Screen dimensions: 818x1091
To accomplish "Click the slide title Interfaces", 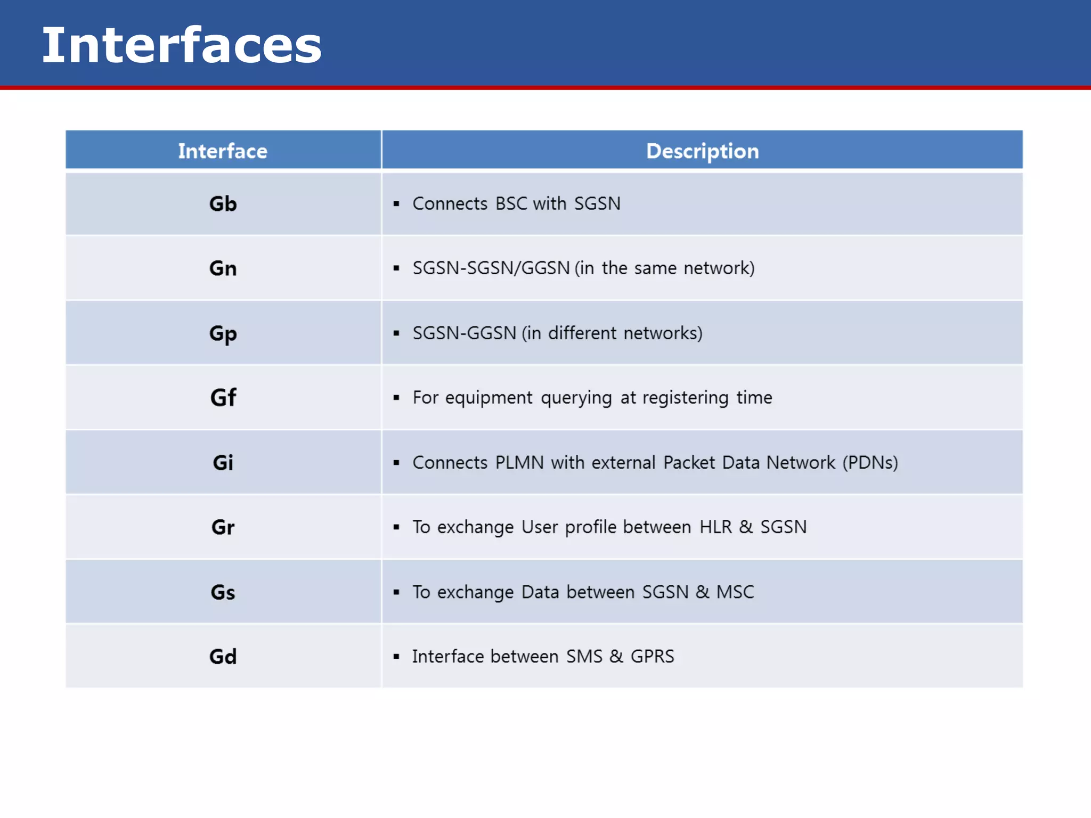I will click(x=182, y=46).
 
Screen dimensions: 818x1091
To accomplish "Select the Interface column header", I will click(x=223, y=151).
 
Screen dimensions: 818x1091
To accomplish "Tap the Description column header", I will click(x=702, y=151).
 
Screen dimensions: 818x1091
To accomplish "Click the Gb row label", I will click(x=223, y=204).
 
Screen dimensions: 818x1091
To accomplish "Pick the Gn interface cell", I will click(x=223, y=268).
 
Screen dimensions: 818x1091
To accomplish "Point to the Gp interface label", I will click(x=223, y=334).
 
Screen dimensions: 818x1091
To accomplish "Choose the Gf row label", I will click(x=223, y=398).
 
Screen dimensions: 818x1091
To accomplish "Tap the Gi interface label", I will click(x=223, y=463).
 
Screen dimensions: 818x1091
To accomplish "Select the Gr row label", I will click(x=223, y=527).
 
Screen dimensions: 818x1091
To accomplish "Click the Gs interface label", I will click(x=223, y=592).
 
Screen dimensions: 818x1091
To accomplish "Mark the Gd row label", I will click(x=223, y=657).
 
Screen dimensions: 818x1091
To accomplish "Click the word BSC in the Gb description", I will click(x=511, y=204).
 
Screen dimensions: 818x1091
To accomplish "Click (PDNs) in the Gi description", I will click(x=870, y=463).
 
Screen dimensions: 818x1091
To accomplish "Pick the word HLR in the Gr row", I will click(x=715, y=527).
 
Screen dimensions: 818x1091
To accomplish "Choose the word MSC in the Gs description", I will click(x=735, y=592).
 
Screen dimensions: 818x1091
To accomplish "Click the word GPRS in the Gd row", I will click(x=652, y=657).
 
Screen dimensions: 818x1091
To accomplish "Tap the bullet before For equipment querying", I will click(x=396, y=398).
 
